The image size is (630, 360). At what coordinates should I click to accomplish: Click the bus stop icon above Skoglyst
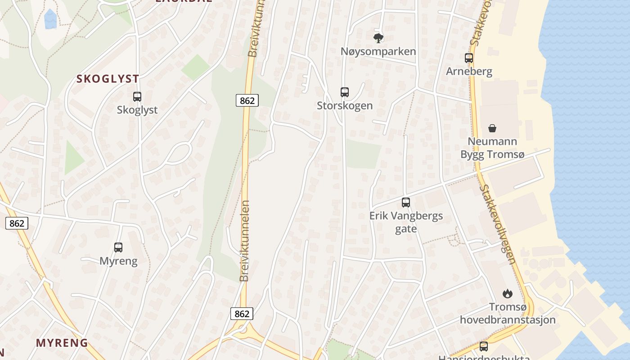pyautogui.click(x=137, y=97)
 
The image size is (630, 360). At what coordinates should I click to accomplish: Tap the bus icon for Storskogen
pyautogui.click(x=345, y=92)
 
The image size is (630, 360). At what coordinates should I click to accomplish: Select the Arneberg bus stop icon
pyautogui.click(x=469, y=58)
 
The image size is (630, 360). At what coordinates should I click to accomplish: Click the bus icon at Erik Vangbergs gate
pyautogui.click(x=406, y=202)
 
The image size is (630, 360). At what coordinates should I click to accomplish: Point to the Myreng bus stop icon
pyautogui.click(x=118, y=247)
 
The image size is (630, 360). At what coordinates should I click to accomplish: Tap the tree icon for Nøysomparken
pyautogui.click(x=378, y=38)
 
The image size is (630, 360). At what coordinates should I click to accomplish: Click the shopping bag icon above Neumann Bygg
pyautogui.click(x=492, y=128)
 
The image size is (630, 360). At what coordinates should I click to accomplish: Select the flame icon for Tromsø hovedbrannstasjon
pyautogui.click(x=508, y=294)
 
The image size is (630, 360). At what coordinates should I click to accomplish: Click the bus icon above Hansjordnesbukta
pyautogui.click(x=484, y=346)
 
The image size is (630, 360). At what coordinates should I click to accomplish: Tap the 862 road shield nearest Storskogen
pyautogui.click(x=247, y=101)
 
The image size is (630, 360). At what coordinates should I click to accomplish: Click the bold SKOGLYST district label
pyautogui.click(x=108, y=79)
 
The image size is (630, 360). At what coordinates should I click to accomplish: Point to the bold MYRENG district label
pyautogui.click(x=62, y=343)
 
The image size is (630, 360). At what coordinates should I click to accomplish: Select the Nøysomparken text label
pyautogui.click(x=378, y=51)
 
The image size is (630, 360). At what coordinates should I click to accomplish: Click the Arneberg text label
pyautogui.click(x=469, y=72)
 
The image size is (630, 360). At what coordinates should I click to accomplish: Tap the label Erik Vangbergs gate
pyautogui.click(x=406, y=222)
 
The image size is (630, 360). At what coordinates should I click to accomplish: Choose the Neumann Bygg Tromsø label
pyautogui.click(x=492, y=148)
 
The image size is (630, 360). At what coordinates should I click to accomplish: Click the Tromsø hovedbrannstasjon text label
pyautogui.click(x=508, y=313)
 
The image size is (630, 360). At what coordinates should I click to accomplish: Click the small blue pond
pyautogui.click(x=50, y=19)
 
